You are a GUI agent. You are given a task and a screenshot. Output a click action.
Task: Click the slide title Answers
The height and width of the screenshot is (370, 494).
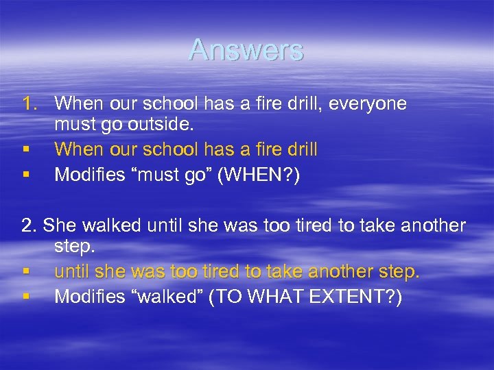pyautogui.click(x=246, y=50)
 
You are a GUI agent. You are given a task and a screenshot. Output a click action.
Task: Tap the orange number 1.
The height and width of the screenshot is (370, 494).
pyautogui.click(x=30, y=104)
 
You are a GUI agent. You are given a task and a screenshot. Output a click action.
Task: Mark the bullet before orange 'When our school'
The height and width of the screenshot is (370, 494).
pyautogui.click(x=25, y=149)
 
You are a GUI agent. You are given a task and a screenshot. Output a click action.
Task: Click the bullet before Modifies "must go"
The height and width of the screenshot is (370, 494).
pyautogui.click(x=25, y=175)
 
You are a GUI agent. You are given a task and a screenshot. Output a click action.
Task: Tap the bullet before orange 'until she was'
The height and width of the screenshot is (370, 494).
pyautogui.click(x=25, y=273)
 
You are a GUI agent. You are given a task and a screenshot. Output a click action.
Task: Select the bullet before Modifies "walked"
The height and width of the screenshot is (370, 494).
pyautogui.click(x=25, y=297)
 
